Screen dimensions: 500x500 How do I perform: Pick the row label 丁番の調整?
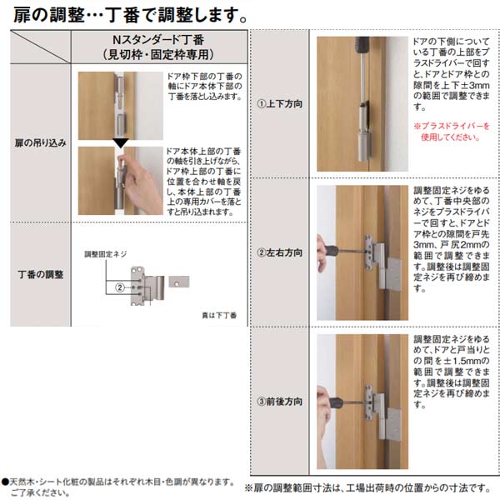[x=41, y=272]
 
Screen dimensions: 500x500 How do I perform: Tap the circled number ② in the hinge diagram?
[x=119, y=288]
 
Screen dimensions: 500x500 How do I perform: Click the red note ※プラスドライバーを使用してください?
[x=451, y=131]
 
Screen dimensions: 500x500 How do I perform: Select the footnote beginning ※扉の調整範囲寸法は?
[x=370, y=486]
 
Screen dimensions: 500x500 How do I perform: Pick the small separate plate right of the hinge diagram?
[x=181, y=282]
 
